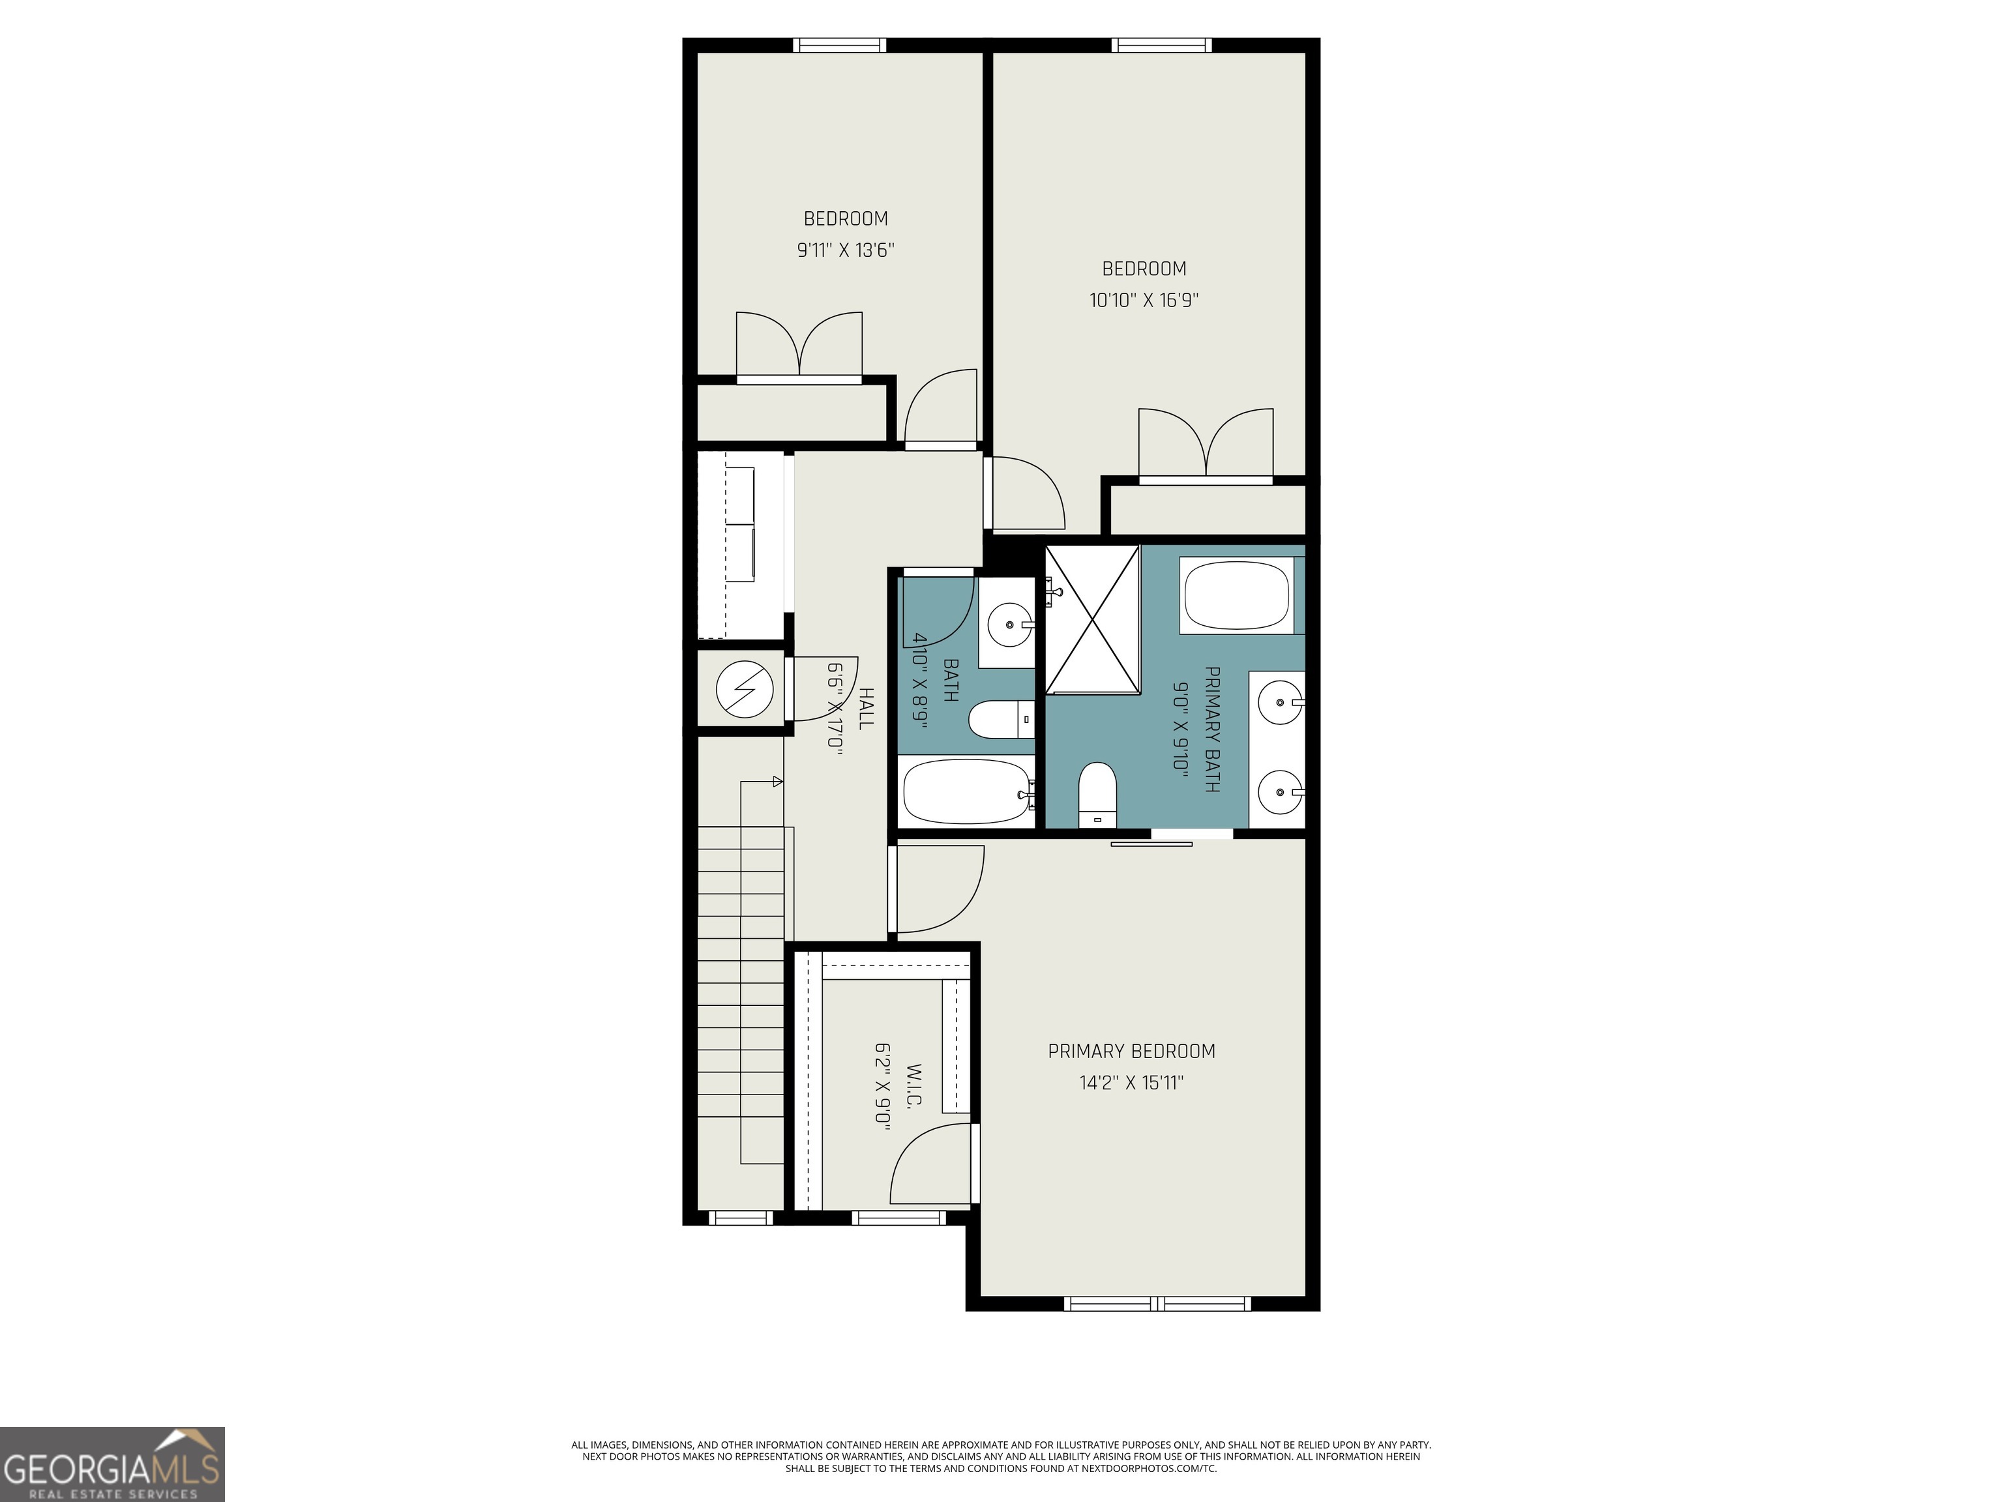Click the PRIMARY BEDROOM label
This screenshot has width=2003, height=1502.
pyautogui.click(x=1131, y=1051)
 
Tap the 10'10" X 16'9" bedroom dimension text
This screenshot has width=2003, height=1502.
pyautogui.click(x=1144, y=301)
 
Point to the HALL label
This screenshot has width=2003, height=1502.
pyautogui.click(x=866, y=708)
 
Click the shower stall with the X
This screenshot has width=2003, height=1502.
pyautogui.click(x=1092, y=619)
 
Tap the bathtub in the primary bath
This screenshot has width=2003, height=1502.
pyautogui.click(x=1236, y=595)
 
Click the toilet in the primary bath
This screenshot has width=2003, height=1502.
pyautogui.click(x=1097, y=794)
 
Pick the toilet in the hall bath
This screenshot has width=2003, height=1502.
pyautogui.click(x=1001, y=720)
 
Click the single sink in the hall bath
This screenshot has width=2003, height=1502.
pyautogui.click(x=1008, y=624)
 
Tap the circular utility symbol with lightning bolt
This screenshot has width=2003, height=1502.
pyautogui.click(x=745, y=689)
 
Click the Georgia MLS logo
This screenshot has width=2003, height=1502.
pyautogui.click(x=111, y=1464)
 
